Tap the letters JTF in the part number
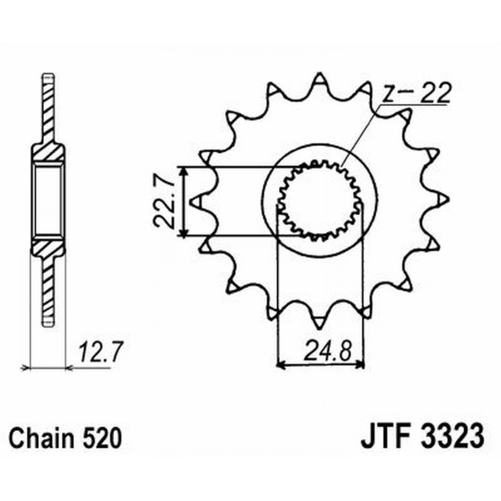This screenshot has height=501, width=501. click(384, 436)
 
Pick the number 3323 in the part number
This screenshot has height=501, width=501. click(447, 436)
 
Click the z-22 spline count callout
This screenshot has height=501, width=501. click(416, 94)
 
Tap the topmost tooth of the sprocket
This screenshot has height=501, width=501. click(319, 80)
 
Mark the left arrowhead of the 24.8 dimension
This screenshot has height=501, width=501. click(281, 363)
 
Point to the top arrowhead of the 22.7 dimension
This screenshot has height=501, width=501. click(183, 171)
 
